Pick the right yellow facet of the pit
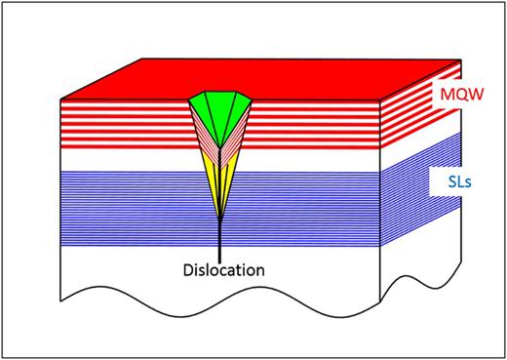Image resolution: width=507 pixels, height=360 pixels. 228,180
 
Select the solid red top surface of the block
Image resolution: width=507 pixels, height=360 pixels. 292,78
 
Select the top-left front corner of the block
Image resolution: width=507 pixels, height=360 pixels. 61,100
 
